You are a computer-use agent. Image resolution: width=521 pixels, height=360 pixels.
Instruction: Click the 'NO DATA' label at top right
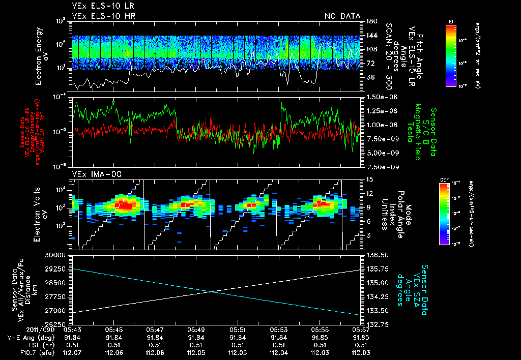pyautogui.click(x=342, y=16)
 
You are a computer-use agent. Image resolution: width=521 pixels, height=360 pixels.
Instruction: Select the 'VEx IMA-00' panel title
pyautogui.click(x=92, y=174)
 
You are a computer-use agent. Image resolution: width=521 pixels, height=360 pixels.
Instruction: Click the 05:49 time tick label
pyautogui.click(x=196, y=329)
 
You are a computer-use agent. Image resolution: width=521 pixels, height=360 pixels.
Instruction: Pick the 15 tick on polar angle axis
pyautogui.click(x=369, y=179)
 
